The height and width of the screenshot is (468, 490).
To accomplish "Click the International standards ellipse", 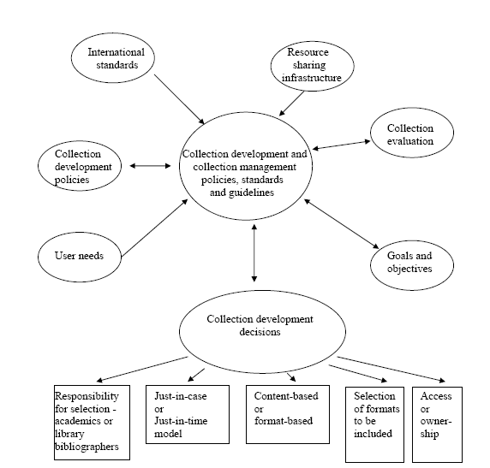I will [116, 59].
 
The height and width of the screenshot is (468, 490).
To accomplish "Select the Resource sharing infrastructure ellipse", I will [307, 64].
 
